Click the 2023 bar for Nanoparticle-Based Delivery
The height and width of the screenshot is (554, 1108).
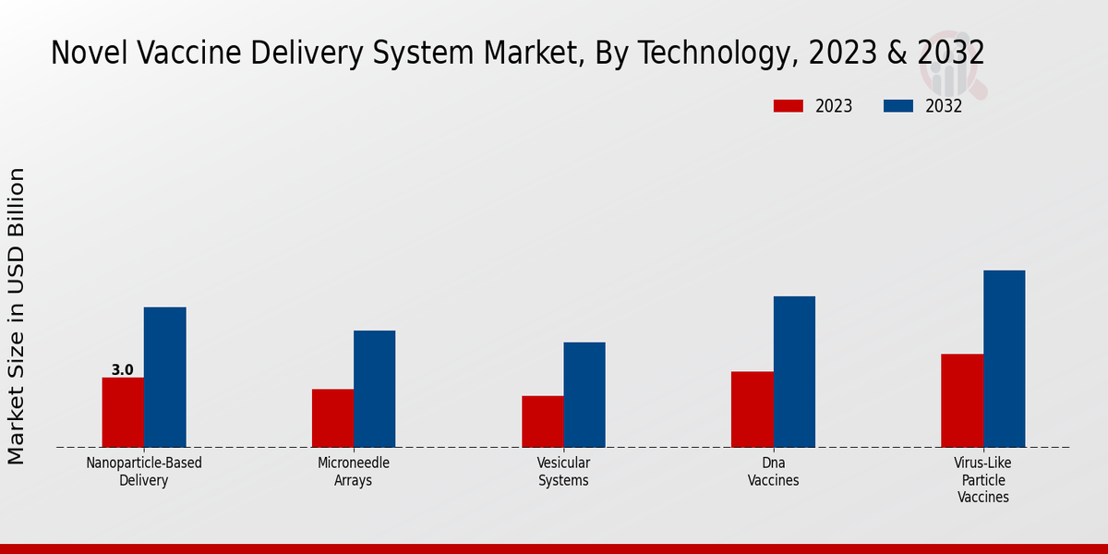[x=123, y=412]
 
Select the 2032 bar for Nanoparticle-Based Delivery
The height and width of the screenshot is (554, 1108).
[x=164, y=377]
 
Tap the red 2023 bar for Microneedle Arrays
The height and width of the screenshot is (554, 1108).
[x=332, y=418]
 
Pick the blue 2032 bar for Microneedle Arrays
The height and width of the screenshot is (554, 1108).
[x=374, y=389]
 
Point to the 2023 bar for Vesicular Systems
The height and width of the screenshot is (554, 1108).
[x=542, y=421]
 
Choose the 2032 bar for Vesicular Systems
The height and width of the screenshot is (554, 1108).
[x=584, y=394]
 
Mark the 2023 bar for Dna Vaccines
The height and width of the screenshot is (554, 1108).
[x=752, y=409]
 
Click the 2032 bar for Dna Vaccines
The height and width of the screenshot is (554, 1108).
[x=794, y=371]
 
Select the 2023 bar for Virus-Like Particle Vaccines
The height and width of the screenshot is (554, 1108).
[x=962, y=401]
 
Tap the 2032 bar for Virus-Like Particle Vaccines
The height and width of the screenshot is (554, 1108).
[x=1004, y=358]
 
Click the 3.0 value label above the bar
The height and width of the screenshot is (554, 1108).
[x=123, y=370]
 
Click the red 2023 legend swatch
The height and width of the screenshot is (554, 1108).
[x=788, y=106]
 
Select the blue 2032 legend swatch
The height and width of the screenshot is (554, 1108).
[x=897, y=106]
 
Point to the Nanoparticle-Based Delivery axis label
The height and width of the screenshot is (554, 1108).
[x=143, y=472]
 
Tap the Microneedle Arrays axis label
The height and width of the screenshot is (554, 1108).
[x=354, y=472]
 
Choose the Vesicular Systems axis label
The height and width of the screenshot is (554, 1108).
[x=563, y=472]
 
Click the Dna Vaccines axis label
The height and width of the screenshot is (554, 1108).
[x=773, y=472]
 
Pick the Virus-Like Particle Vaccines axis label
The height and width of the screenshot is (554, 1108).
[x=982, y=480]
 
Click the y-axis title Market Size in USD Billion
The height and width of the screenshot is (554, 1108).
[x=18, y=316]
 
